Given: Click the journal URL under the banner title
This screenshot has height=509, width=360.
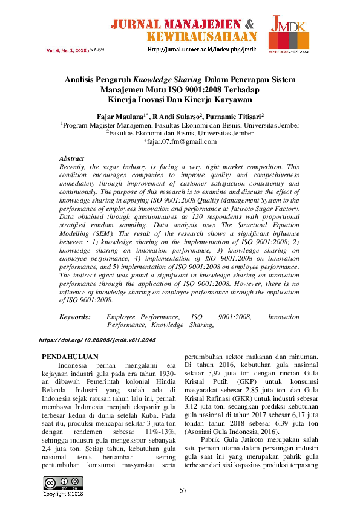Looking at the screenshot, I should (202, 49).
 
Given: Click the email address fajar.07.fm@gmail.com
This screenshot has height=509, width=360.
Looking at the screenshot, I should (180, 141).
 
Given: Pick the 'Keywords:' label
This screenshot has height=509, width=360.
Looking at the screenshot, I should (74, 317).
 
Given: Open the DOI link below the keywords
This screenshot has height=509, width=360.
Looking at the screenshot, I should (97, 340).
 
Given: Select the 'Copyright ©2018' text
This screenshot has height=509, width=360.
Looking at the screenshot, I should (62, 494).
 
